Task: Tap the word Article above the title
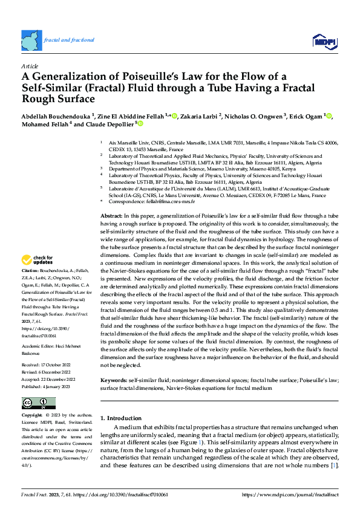pyautogui.click(x=29, y=65)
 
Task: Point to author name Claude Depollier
pyautogui.click(x=113, y=125)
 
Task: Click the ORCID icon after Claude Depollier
pyautogui.click(x=140, y=124)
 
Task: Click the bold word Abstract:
pyautogui.click(x=111, y=216)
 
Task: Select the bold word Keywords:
pyautogui.click(x=114, y=380)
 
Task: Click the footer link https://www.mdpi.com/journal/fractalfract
pyautogui.click(x=290, y=494)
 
